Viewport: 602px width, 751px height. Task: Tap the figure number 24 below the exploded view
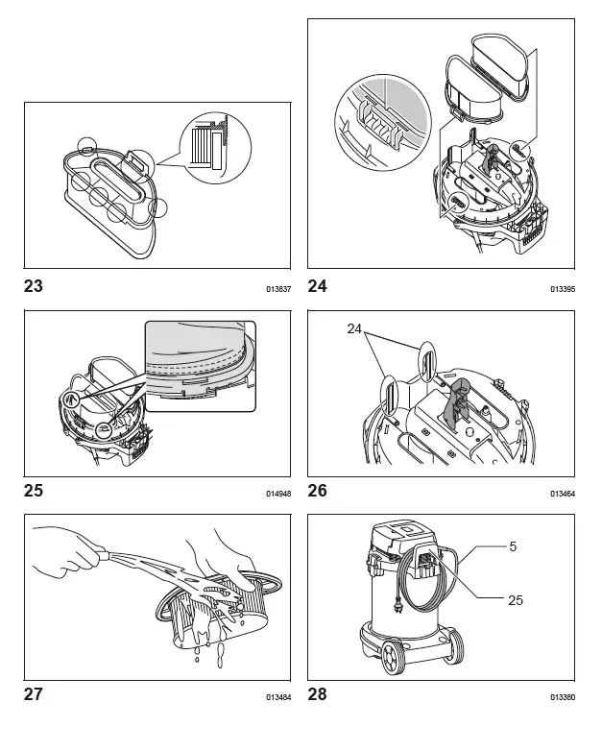318,285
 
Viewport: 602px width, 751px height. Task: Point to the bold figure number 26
318,490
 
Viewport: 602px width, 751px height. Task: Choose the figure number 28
318,694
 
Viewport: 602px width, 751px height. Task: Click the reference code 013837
278,288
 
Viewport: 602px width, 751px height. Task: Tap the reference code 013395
563,288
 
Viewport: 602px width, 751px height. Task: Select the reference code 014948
278,494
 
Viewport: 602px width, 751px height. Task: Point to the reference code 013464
563,494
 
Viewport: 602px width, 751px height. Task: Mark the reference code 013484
278,698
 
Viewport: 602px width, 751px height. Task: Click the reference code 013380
563,698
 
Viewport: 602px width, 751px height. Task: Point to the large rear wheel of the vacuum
392,660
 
